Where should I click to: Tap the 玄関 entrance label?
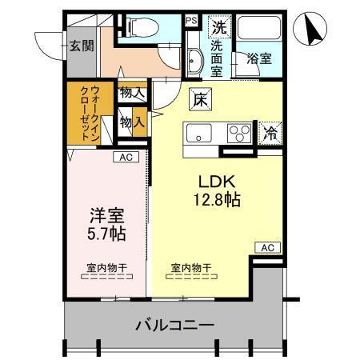[79, 46]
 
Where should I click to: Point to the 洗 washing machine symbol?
[218, 27]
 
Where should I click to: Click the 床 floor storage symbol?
[200, 100]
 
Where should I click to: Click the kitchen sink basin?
[197, 132]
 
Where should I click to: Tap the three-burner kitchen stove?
[238, 132]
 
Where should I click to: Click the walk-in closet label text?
[89, 114]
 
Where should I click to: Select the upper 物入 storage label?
[133, 94]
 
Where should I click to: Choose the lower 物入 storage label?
[132, 122]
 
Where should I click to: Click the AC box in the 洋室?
[125, 157]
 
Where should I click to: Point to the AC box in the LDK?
[267, 248]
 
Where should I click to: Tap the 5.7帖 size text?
[105, 234]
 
